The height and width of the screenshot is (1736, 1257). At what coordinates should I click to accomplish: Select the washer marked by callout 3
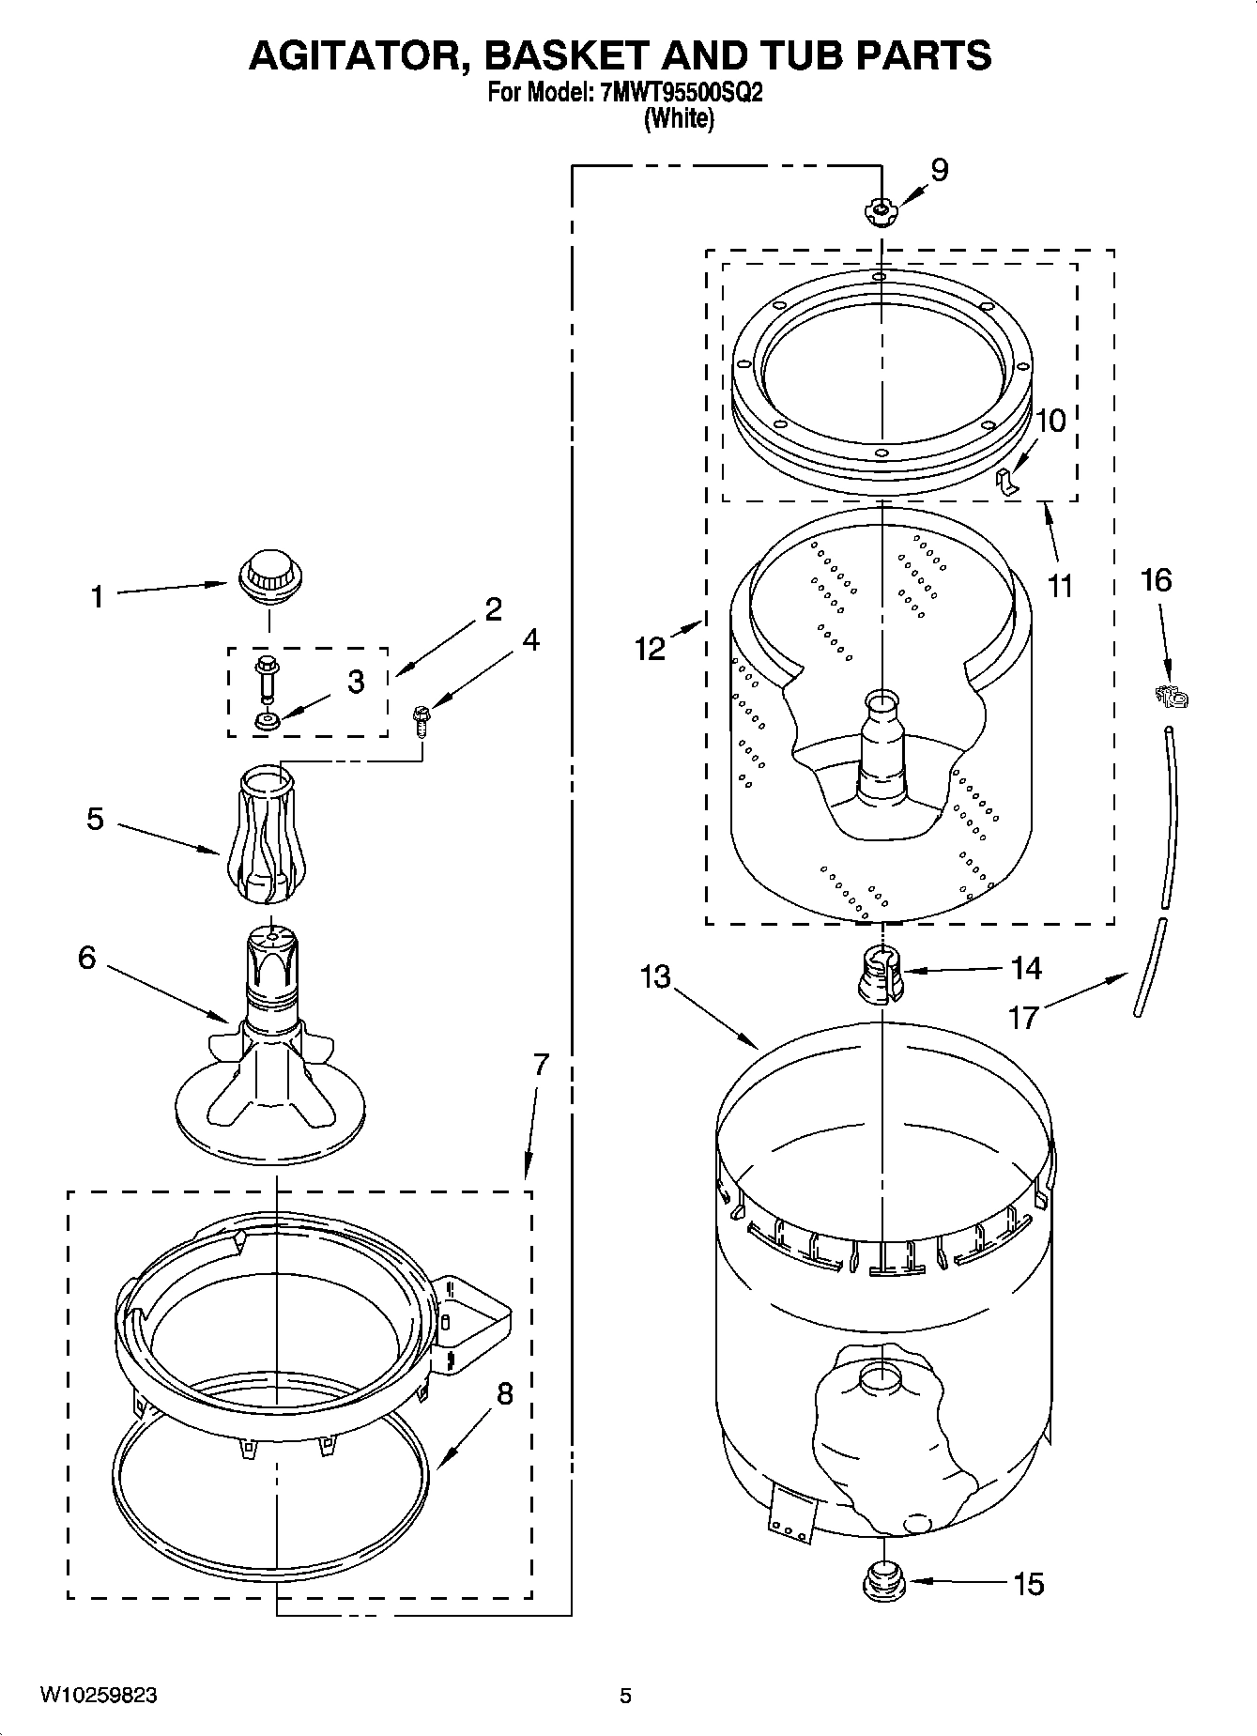point(267,722)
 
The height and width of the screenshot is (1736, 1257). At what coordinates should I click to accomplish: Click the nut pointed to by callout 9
point(880,212)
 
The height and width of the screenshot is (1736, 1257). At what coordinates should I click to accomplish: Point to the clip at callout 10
point(1006,480)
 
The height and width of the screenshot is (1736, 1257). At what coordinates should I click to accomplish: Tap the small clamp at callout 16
point(1171,697)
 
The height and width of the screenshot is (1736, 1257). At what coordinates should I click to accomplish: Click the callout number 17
point(1023,1017)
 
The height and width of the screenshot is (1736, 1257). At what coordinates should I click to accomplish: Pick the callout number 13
point(655,976)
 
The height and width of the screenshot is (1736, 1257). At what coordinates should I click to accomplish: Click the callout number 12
point(650,649)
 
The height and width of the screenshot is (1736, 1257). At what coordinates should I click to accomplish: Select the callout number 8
point(504,1394)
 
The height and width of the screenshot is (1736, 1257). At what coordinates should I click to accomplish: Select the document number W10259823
point(98,1696)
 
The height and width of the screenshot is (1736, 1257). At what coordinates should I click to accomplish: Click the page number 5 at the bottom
point(625,1696)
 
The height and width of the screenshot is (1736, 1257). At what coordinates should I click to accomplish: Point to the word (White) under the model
point(678,119)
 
